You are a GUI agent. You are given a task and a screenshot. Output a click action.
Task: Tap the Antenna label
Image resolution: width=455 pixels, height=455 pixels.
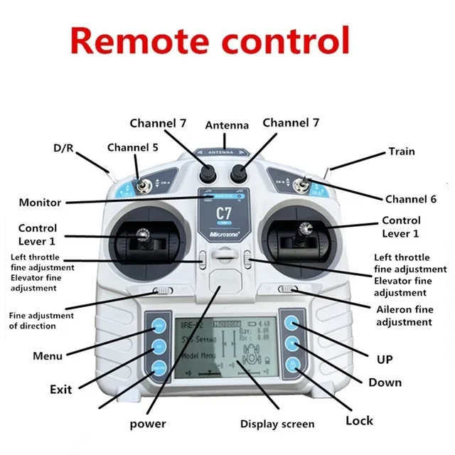coord(227,126)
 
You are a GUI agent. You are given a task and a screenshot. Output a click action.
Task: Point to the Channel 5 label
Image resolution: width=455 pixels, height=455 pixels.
coord(133,148)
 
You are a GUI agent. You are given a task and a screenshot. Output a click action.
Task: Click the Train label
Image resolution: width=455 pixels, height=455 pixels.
coord(401,151)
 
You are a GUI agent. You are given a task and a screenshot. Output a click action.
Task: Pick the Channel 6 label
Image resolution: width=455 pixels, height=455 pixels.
coord(411,199)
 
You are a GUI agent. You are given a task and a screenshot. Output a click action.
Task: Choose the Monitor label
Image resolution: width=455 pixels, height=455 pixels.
coord(40,202)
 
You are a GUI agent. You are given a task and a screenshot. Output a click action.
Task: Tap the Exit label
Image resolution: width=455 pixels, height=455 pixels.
coord(61,389)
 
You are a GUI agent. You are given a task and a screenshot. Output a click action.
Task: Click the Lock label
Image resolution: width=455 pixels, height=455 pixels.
coord(359,421)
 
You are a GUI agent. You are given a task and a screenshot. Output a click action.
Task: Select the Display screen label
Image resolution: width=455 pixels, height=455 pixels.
coord(277,424)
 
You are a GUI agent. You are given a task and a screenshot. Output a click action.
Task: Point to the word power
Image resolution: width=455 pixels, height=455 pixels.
coord(148,424)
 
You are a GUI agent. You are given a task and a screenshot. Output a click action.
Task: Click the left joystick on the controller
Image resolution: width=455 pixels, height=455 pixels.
coord(144,235)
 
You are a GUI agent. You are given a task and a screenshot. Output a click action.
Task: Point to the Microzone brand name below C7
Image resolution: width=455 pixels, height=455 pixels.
coord(223,232)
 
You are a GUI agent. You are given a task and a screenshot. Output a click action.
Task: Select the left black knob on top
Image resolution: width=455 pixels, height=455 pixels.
coord(209,173)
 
